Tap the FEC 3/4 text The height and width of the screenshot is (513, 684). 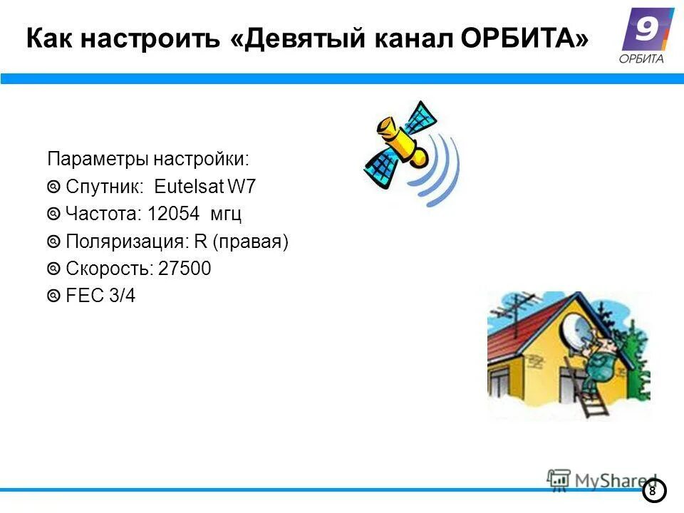[x=100, y=296]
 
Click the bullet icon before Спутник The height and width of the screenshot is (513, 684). [x=54, y=187]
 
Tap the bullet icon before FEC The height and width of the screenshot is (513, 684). [x=54, y=296]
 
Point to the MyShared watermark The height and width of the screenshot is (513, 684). [x=602, y=480]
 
